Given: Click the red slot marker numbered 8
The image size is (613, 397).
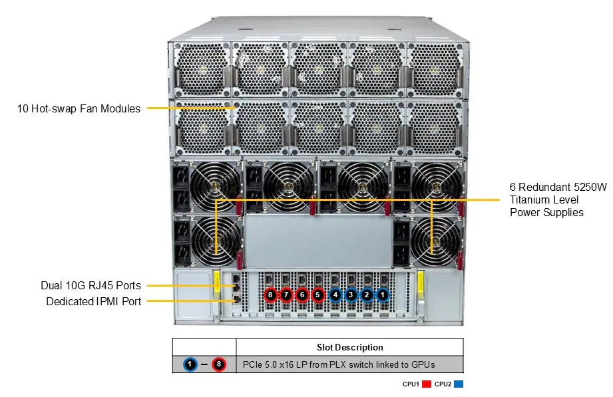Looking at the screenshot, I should click(x=270, y=294).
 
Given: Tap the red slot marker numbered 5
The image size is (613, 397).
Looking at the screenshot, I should click(x=317, y=294).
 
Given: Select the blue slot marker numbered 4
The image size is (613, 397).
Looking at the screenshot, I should click(x=335, y=294).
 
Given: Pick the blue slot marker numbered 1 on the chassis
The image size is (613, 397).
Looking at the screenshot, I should click(x=382, y=294).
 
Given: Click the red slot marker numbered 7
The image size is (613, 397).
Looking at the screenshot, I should click(x=286, y=294).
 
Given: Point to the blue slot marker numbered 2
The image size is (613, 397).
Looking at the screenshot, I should click(x=366, y=294).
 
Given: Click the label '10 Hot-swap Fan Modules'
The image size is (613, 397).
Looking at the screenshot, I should click(x=79, y=108).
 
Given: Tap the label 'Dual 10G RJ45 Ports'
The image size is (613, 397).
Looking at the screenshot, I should click(x=91, y=286).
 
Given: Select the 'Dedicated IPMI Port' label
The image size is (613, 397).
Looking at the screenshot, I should click(x=93, y=302).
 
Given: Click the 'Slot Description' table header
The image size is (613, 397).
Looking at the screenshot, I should click(x=349, y=347).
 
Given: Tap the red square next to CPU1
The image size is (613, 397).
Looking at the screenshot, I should click(x=426, y=384).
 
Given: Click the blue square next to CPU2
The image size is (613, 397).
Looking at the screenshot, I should click(x=459, y=384).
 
